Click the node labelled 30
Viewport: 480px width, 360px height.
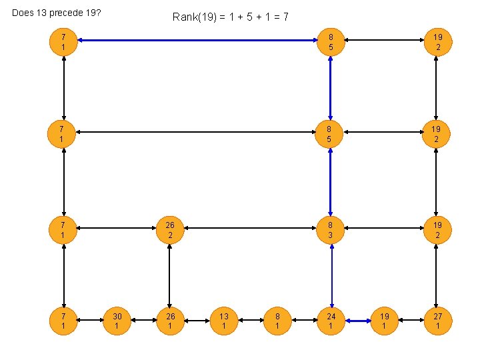[x=117, y=321]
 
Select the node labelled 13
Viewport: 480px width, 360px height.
[x=224, y=321]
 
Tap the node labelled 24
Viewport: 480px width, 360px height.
[x=331, y=321]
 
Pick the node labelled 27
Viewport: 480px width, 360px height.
[x=437, y=321]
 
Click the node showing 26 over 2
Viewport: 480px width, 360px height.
[x=170, y=230]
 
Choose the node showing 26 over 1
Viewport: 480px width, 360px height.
[x=170, y=321]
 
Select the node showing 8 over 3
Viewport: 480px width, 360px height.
[x=331, y=230]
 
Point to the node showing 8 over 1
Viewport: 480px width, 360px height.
[x=277, y=321]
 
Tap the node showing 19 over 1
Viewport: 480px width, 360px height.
[x=384, y=321]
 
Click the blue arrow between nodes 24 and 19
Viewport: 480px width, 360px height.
[x=357, y=321]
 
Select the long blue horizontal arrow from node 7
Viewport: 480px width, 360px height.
[x=197, y=40]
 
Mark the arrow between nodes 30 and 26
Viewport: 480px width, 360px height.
[x=143, y=321]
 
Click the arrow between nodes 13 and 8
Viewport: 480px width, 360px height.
[x=251, y=321]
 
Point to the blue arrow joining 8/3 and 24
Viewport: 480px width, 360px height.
[x=331, y=275]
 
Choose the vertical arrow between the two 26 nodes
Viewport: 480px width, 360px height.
[x=170, y=275]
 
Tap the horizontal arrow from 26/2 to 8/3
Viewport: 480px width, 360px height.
[x=250, y=230]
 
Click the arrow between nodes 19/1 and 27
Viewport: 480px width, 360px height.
[x=411, y=321]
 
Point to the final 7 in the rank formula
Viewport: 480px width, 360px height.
[x=285, y=17]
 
